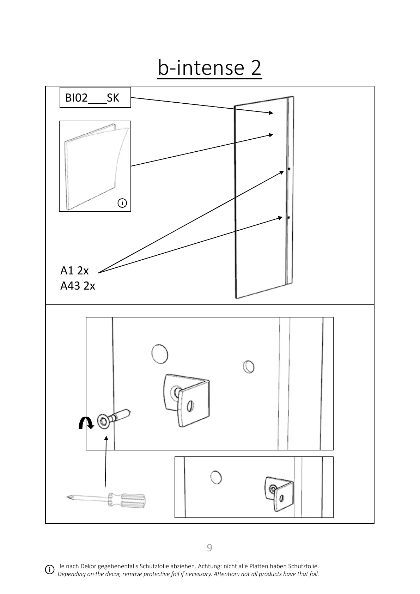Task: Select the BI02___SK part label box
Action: click(95, 97)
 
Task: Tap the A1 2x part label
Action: click(74, 271)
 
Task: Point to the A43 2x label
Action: click(78, 285)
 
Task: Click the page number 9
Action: click(209, 548)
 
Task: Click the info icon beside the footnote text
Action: click(50, 570)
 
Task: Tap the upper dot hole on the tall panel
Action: click(289, 169)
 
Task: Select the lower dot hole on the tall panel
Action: click(288, 218)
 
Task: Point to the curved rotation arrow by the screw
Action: click(86, 422)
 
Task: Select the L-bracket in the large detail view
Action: click(187, 399)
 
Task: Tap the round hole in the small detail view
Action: click(216, 477)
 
